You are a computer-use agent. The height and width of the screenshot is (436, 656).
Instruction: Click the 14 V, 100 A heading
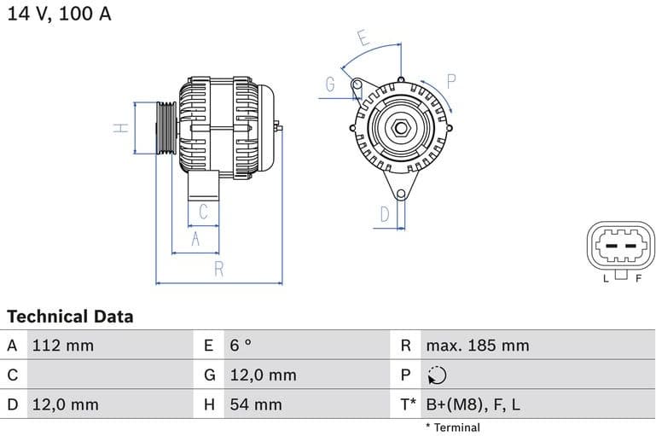tap(59, 15)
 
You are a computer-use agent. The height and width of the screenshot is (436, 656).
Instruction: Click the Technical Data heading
tap(70, 317)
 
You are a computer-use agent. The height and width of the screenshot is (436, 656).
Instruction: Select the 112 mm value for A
tap(62, 346)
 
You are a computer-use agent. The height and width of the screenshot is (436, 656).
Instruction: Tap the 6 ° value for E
tap(241, 346)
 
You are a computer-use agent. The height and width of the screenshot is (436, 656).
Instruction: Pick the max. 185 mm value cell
tap(477, 346)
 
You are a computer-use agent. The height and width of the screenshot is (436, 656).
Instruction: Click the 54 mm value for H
tap(255, 404)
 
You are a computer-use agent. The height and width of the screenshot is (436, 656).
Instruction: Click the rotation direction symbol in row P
tap(437, 375)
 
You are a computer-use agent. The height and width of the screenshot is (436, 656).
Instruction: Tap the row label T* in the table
tap(408, 404)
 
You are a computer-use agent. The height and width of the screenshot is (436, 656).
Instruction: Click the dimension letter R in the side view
tap(218, 270)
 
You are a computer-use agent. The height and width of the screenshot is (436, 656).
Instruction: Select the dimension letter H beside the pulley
tap(122, 128)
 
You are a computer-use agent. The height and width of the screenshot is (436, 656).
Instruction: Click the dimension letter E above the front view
tap(363, 38)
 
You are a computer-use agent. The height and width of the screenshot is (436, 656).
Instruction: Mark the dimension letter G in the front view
tap(329, 84)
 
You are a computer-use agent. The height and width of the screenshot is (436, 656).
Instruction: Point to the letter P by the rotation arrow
tap(451, 81)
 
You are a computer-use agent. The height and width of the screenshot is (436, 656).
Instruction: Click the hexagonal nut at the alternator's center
tap(400, 129)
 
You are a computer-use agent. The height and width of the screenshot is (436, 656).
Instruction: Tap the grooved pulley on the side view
tap(165, 128)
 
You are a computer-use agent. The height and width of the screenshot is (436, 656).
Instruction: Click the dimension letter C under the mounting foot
tap(203, 212)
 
